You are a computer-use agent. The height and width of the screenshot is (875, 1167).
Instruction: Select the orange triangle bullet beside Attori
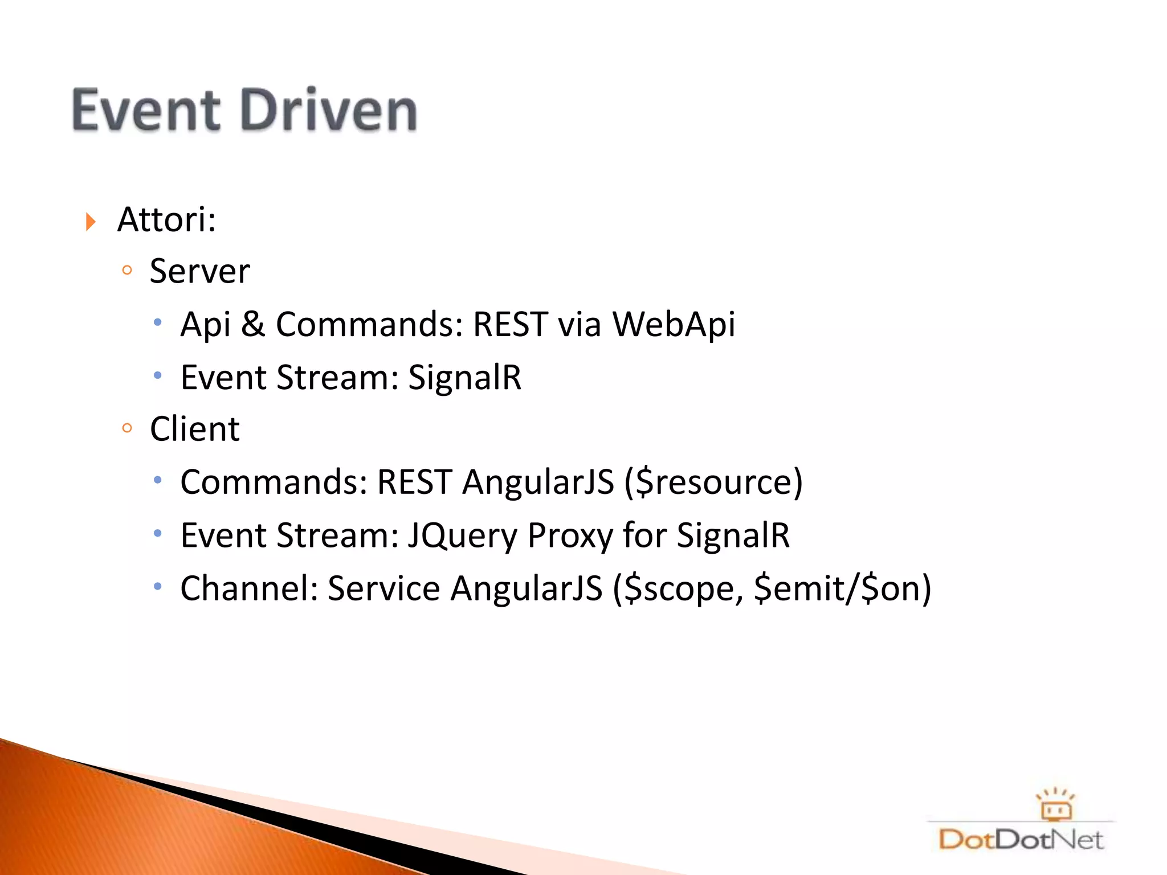[91, 222]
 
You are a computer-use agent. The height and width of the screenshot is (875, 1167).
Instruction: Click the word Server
[199, 271]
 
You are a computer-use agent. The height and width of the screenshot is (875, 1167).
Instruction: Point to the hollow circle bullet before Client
[127, 427]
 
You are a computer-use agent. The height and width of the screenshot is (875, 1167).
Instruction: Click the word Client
[194, 429]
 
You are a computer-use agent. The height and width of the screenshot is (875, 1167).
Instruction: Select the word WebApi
[674, 325]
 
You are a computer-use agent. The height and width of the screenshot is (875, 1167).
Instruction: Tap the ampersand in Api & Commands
[253, 325]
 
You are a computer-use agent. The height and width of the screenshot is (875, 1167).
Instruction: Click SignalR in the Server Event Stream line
[464, 378]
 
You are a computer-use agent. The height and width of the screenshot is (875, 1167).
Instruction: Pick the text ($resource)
[713, 483]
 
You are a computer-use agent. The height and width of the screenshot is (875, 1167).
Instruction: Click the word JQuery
[462, 536]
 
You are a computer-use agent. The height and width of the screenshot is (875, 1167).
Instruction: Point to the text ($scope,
[678, 588]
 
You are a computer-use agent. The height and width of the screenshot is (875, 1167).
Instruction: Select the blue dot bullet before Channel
[158, 586]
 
